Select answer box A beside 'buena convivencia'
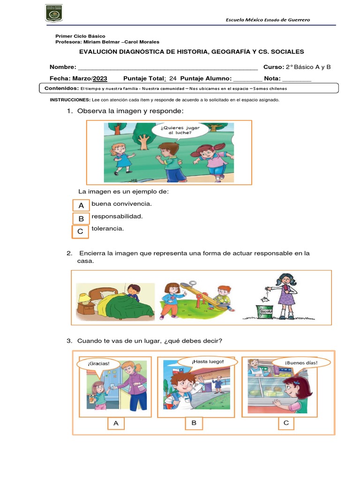(x=81, y=206)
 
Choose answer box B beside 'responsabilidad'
(x=81, y=218)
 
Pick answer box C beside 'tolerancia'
(x=80, y=232)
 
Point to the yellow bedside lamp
(x=84, y=299)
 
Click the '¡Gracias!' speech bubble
(x=98, y=364)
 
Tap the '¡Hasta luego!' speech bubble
(x=207, y=361)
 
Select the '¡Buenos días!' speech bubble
(x=301, y=363)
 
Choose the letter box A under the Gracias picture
(x=116, y=424)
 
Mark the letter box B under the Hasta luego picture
(x=193, y=423)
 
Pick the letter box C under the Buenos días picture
(x=286, y=423)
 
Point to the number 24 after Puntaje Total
(x=172, y=78)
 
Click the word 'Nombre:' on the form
(x=63, y=67)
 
